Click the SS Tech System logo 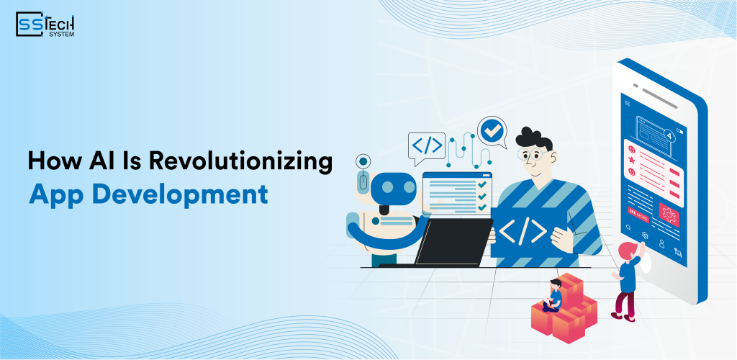[45, 24]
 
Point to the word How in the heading [51, 161]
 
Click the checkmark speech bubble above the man [492, 132]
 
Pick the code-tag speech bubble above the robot [427, 145]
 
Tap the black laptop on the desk [453, 242]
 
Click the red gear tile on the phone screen [669, 214]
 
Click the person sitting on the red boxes [555, 294]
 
